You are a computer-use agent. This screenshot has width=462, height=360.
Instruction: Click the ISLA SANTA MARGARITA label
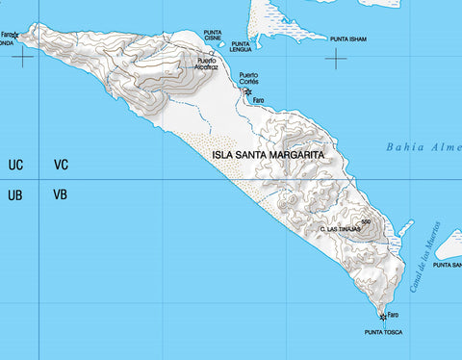tap(268, 153)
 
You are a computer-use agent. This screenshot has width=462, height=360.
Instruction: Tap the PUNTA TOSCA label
tap(383, 332)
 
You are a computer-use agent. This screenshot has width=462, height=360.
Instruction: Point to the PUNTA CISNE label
tap(213, 35)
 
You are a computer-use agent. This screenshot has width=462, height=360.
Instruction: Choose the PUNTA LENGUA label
tap(242, 46)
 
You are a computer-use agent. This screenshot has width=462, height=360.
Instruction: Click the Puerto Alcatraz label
tap(207, 64)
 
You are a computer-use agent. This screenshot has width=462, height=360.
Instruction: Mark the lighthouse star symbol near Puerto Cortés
tap(247, 92)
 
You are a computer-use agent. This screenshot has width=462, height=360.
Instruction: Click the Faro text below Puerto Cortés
tap(258, 100)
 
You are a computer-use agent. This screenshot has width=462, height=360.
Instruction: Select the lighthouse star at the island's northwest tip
tap(15, 36)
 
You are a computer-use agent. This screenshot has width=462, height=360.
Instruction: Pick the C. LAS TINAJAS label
tap(340, 229)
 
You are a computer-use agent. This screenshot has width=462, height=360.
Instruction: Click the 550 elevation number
tap(367, 221)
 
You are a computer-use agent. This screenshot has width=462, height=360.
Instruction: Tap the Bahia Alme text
tap(423, 147)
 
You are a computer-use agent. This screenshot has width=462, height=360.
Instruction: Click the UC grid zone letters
tap(15, 166)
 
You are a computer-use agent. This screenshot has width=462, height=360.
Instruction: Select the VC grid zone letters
tap(61, 166)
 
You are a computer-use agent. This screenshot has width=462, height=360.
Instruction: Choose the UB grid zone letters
tap(15, 194)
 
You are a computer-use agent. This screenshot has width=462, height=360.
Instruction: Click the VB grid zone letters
tap(61, 194)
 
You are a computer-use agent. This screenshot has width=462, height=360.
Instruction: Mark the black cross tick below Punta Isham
tap(336, 60)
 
